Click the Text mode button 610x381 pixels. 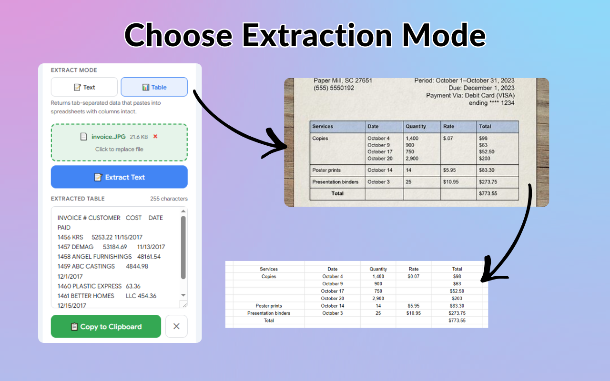84,87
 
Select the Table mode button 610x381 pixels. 154,87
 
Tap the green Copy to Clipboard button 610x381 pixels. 106,326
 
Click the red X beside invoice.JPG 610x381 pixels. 155,136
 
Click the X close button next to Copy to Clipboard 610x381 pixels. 176,326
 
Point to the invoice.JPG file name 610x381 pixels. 108,137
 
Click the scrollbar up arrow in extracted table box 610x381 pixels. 183,211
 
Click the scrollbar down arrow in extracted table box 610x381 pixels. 183,295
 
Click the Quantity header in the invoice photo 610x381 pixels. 416,126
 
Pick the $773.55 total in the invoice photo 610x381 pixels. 488,193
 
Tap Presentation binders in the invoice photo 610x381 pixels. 335,182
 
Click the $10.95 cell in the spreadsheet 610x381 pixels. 413,313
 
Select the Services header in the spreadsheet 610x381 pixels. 269,269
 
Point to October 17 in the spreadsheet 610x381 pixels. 333,291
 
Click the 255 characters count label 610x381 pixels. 169,199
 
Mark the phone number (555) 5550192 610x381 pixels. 334,88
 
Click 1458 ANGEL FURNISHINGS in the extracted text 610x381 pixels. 94,257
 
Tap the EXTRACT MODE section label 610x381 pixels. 74,70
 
